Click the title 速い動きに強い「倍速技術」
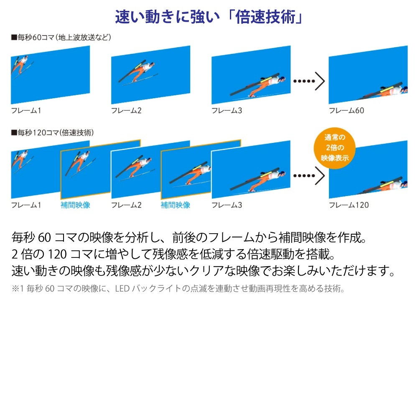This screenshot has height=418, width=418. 209,17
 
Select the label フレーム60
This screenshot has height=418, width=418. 346,110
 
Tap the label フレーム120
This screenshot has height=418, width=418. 349,205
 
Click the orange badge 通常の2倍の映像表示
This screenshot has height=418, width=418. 334,148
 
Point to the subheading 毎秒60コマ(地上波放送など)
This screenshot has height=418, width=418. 61,37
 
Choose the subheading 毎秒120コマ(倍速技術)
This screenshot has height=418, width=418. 53,133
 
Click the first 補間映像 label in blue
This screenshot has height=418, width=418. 75,205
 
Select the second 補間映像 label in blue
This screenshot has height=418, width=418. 176,205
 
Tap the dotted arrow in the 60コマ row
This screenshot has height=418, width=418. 309,81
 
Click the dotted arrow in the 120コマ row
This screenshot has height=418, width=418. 309,176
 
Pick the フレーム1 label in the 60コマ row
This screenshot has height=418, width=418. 26,110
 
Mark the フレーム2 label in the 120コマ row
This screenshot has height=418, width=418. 126,205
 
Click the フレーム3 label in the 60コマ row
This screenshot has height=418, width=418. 227,110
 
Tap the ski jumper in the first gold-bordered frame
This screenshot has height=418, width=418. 80,163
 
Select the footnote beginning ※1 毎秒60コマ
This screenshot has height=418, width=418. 178,288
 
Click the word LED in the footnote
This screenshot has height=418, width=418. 122,288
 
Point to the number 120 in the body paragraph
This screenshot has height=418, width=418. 57,254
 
